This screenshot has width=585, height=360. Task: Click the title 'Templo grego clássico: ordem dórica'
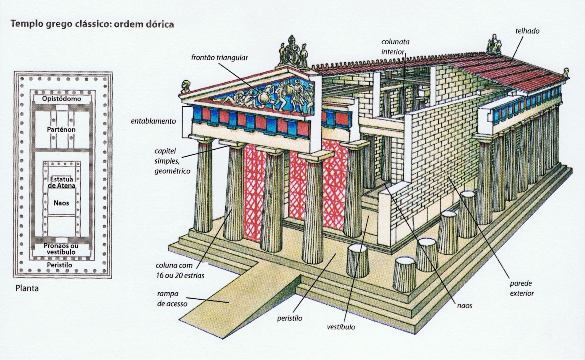[92, 24]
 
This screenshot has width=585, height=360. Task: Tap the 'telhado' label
[527, 31]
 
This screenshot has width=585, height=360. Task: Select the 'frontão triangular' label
[220, 58]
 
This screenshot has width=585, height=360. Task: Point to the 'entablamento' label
[154, 121]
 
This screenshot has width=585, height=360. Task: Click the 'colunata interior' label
[395, 46]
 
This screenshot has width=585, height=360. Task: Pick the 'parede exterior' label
[522, 288]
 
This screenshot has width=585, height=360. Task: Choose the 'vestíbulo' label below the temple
[341, 327]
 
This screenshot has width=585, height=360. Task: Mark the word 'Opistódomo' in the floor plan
[61, 99]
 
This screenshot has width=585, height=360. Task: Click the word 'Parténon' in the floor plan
[61, 130]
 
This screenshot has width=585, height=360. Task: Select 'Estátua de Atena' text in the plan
[61, 182]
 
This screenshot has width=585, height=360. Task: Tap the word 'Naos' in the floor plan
[61, 203]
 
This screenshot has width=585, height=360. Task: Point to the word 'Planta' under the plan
[27, 288]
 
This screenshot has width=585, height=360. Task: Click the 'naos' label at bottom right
[464, 305]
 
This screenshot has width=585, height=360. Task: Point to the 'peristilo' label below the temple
[290, 318]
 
